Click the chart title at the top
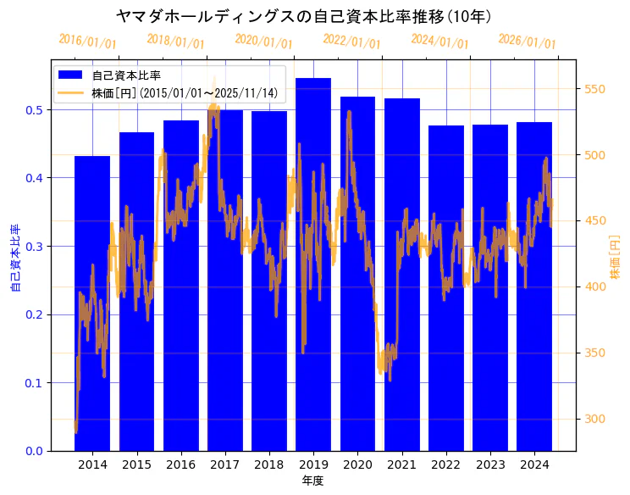[304, 16]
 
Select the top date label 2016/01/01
[87, 42]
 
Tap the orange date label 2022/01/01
[351, 42]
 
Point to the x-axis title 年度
[312, 481]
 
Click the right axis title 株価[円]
[616, 258]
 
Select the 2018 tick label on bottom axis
[268, 464]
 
